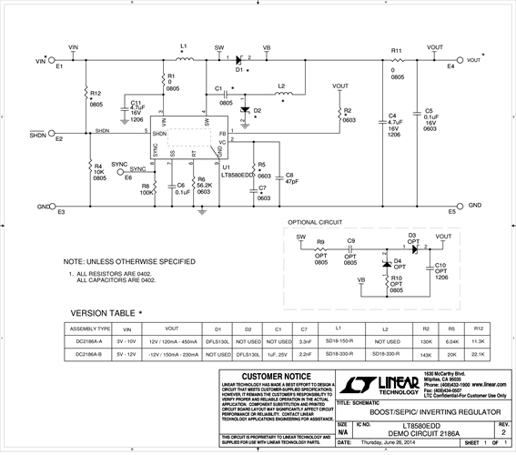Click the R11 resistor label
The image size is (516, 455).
point(397,51)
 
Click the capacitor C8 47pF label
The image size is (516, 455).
point(291,178)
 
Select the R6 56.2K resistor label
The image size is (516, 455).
point(204,185)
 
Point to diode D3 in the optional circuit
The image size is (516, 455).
point(410,243)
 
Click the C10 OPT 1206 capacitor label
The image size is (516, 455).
point(441,270)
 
